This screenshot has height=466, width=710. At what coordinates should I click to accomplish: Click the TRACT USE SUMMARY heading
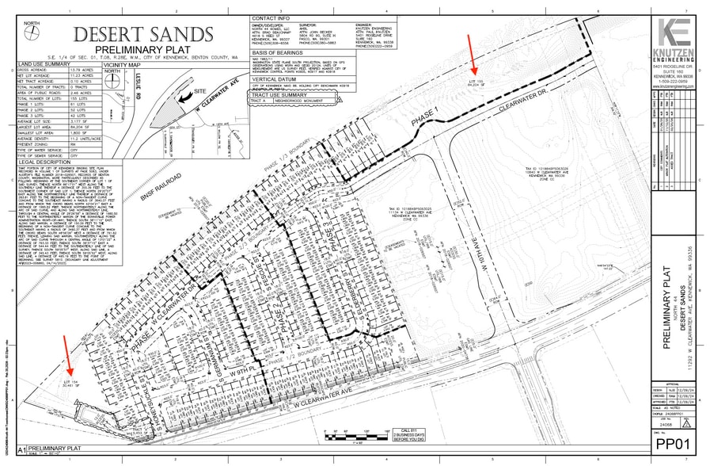[x=281, y=96]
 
